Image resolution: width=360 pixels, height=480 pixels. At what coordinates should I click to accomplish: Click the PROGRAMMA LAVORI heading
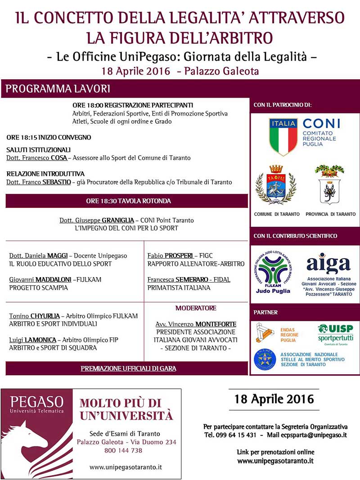(x=58, y=89)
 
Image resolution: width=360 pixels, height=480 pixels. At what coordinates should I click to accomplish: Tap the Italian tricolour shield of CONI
(x=283, y=137)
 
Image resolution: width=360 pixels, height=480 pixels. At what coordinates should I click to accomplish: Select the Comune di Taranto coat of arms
(x=276, y=185)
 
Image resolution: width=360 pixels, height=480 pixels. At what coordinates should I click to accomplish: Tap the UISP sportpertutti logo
(x=335, y=333)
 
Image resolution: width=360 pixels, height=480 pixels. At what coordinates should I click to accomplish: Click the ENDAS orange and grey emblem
(x=265, y=333)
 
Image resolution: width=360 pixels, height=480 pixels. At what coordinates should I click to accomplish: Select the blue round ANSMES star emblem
(x=265, y=359)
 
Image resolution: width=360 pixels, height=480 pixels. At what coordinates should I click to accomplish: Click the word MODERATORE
(x=196, y=308)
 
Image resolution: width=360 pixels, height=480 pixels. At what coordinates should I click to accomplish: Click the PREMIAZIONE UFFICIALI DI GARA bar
(x=128, y=368)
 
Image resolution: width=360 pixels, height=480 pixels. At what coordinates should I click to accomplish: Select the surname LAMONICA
(x=40, y=340)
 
